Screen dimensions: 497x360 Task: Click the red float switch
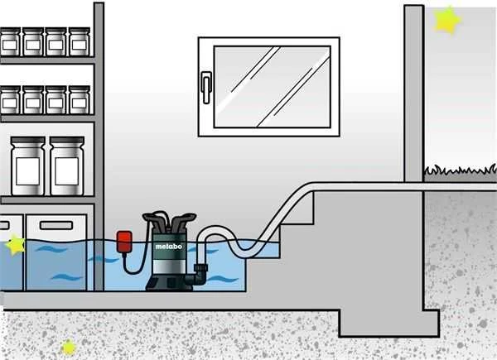124,242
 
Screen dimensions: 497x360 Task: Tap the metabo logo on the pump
168,247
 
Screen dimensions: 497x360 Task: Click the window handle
206,88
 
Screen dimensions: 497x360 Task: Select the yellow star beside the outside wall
447,20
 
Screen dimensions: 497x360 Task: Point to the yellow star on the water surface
15,244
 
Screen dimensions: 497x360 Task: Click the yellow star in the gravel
69,348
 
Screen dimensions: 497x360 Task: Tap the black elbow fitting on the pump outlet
200,275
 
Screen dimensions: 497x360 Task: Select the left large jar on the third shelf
28,166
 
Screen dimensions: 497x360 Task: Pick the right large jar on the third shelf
67,166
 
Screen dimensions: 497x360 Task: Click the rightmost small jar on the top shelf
80,42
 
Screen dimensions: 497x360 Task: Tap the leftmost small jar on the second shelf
10,100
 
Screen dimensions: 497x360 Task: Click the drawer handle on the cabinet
56,225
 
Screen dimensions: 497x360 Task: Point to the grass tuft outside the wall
461,170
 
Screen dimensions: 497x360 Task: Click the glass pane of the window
273,87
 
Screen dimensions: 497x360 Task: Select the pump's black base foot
169,283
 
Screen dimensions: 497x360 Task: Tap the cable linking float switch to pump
137,261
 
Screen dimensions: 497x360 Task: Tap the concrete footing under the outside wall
389,323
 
